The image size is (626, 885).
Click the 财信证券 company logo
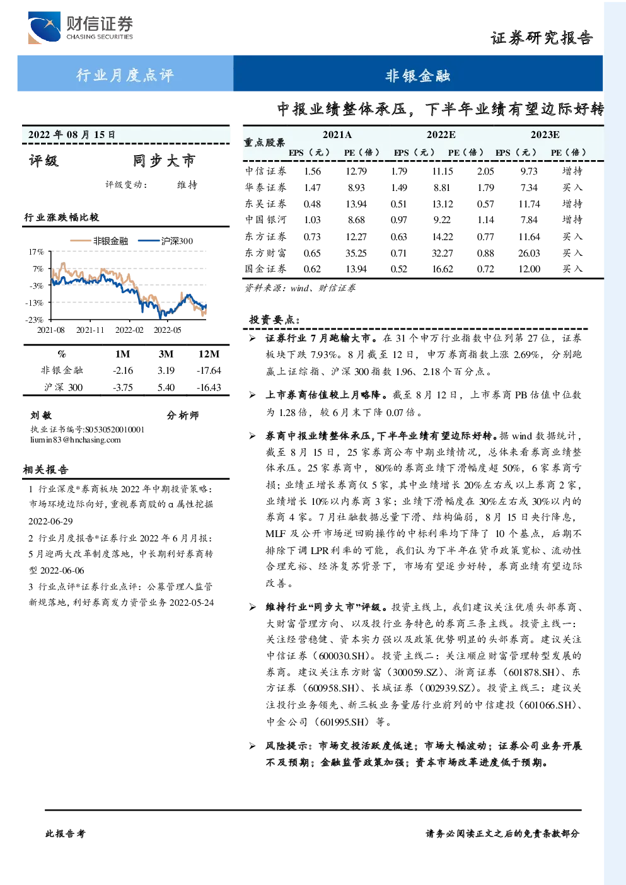81,28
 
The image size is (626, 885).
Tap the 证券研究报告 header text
542,38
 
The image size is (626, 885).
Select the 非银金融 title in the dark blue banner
418,75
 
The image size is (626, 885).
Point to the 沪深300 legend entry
166,241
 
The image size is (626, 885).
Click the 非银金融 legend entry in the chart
99,241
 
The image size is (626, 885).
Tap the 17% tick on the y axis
36,252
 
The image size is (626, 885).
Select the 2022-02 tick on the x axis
129,330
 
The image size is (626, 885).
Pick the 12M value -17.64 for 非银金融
209,370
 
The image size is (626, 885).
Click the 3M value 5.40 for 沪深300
166,387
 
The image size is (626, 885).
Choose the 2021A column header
337,135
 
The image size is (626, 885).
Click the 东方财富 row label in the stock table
265,253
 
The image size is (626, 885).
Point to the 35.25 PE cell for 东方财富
356,253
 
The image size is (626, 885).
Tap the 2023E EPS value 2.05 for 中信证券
485,171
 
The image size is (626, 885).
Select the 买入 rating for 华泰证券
572,187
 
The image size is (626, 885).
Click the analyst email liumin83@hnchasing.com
76,440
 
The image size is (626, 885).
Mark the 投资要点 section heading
274,319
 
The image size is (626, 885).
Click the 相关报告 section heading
46,470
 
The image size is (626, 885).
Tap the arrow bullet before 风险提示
252,746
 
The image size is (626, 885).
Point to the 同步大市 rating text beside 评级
164,161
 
